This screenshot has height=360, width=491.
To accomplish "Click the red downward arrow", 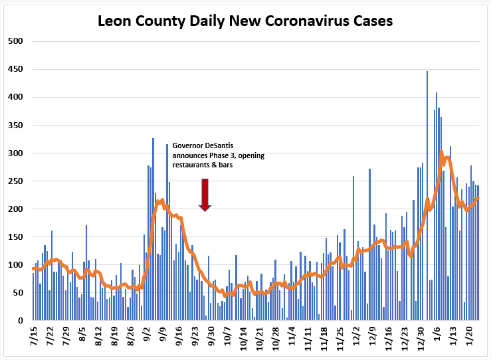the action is coord(205,195).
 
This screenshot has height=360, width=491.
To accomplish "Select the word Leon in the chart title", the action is coord(115,21).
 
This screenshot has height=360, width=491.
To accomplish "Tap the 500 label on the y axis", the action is coord(15,41).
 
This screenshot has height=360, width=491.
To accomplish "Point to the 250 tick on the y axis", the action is coord(15,181).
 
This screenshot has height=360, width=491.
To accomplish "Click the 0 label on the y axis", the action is coord(21,320).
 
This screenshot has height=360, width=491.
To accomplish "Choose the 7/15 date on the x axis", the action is coord(33,336).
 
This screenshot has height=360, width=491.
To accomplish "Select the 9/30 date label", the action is coord(211,336).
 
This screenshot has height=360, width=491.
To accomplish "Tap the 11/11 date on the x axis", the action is coord(308,338).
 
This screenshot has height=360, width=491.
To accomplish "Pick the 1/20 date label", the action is coord(469,336).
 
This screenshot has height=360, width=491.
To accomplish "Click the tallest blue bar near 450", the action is coord(427,196).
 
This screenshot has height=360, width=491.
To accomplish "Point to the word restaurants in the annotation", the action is coord(191,165).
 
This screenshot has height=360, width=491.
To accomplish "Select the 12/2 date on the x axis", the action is coord(356,336).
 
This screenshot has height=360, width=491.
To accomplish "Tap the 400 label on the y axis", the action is coord(15,97).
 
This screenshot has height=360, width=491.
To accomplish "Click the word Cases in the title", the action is coord(373,21).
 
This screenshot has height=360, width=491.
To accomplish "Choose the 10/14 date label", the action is coord(243,338).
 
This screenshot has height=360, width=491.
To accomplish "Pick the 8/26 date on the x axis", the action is coord(130,336).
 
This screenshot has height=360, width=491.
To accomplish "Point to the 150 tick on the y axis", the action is coord(15,236).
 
